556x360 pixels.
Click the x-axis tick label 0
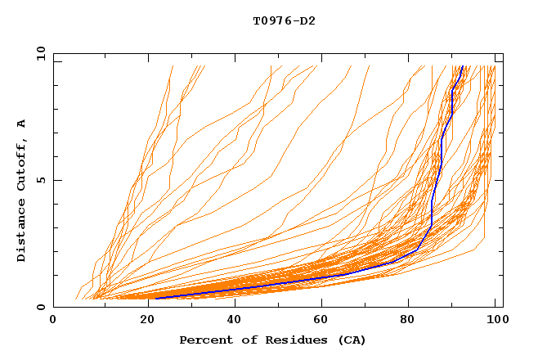(x=53, y=321)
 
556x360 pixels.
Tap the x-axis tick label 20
(x=142, y=321)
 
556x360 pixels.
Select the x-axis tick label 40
(x=231, y=321)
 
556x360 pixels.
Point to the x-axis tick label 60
(x=320, y=321)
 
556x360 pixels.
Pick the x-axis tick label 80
(x=409, y=321)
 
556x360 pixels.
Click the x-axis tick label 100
(x=495, y=321)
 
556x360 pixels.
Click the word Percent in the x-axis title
(x=205, y=340)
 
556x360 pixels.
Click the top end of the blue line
(x=462, y=67)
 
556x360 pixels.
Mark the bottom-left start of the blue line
(x=155, y=298)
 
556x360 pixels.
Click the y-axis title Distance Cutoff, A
(x=22, y=191)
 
